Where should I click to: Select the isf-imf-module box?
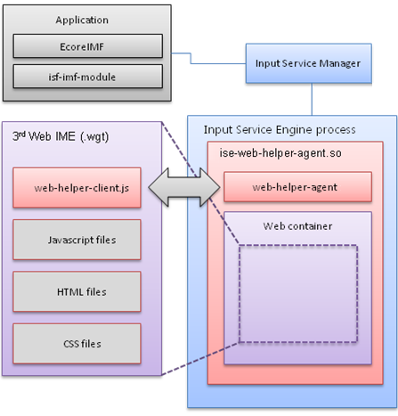(87, 77)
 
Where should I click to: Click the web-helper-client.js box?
(77, 188)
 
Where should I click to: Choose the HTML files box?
(77, 290)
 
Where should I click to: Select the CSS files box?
(77, 341)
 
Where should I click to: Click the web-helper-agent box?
(285, 186)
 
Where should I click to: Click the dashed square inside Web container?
(297, 293)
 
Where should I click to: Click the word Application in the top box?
(82, 20)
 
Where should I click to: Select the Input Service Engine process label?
(280, 130)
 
